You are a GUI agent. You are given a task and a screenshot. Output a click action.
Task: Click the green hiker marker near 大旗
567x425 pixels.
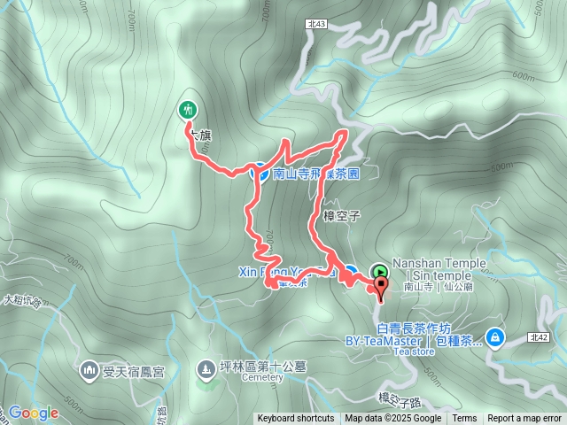pyautogui.click(x=188, y=110)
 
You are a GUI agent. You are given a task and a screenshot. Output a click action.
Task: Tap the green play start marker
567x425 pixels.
pyautogui.click(x=379, y=272)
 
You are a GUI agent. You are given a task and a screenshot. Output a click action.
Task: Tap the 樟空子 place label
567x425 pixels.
pyautogui.click(x=341, y=215)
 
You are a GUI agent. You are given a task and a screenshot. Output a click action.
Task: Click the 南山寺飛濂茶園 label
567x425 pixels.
pyautogui.click(x=315, y=174)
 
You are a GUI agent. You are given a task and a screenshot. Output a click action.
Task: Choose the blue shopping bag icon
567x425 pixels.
pyautogui.click(x=493, y=336)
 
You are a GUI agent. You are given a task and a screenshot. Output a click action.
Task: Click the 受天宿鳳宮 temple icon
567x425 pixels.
pyautogui.click(x=90, y=368)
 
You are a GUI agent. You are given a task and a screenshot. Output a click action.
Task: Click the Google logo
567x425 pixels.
pyautogui.click(x=33, y=413)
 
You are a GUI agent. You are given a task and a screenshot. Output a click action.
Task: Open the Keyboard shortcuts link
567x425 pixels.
pyautogui.click(x=296, y=419)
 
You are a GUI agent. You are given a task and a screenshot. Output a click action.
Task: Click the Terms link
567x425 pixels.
pyautogui.click(x=464, y=419)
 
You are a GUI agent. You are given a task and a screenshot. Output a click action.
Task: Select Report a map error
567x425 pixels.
pyautogui.click(x=525, y=419)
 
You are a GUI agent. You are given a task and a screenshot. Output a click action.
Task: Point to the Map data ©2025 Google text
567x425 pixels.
pyautogui.click(x=392, y=419)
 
